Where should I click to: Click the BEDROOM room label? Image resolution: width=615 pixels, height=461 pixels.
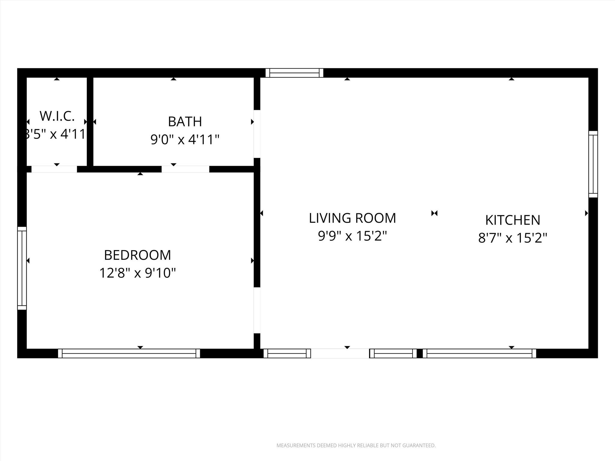pos(138,255)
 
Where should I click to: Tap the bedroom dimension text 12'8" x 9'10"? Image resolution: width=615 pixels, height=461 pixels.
pos(138,273)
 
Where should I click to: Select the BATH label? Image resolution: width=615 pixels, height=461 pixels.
pos(185,122)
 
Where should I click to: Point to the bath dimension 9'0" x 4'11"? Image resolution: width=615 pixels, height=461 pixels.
pos(185,140)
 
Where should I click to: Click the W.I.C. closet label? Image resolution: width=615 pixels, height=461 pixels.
pos(57,116)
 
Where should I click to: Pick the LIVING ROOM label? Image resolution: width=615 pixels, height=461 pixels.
pos(352,218)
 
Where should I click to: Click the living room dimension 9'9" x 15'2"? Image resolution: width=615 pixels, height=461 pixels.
pos(352,236)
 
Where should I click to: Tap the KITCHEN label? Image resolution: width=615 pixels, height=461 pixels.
pos(513,220)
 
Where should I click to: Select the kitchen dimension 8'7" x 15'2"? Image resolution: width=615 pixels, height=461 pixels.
pos(513,238)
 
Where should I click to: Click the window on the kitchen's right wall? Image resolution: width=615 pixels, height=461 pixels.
pos(593,164)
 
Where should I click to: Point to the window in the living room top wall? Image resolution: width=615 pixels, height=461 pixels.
pos(294,73)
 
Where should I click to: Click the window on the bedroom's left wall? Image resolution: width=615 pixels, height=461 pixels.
pos(22,268)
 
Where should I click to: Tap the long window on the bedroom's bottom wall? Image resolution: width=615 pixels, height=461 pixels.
pos(129,353)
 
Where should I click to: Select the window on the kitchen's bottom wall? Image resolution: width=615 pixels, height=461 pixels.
pos(479,353)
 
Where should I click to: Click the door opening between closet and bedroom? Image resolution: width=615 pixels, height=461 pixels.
pos(54,169)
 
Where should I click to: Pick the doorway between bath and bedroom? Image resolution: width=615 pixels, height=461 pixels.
pos(185,169)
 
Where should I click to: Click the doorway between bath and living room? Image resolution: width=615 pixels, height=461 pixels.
pos(257,134)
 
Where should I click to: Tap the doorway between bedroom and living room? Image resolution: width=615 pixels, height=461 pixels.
pos(257,310)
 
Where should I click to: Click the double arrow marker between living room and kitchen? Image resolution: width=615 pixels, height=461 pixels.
pos(434,213)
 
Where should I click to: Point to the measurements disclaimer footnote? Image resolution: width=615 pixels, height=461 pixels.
pos(356,445)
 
